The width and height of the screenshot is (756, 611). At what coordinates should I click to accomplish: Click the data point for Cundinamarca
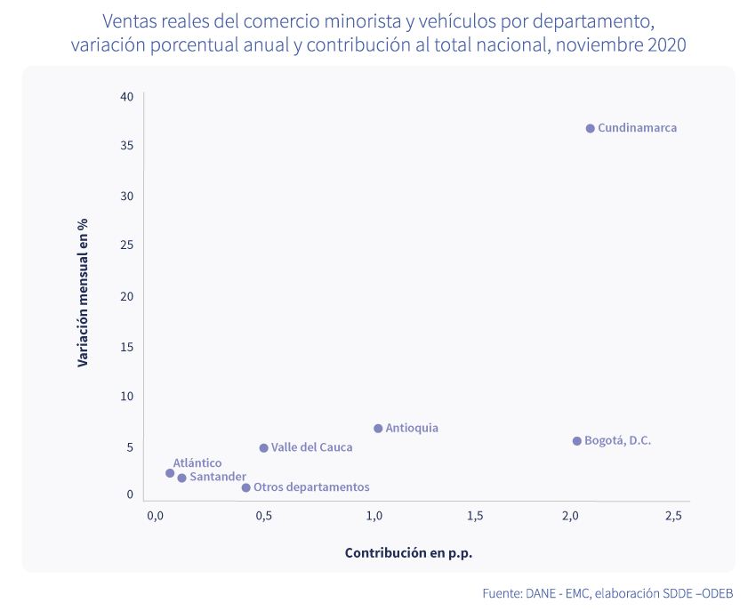pyautogui.click(x=590, y=128)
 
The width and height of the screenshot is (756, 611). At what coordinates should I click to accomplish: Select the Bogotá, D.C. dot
pyautogui.click(x=576, y=441)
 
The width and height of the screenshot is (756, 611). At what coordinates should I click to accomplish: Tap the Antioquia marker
pyautogui.click(x=378, y=429)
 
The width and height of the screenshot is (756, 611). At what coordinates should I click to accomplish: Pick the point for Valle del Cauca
pyautogui.click(x=263, y=448)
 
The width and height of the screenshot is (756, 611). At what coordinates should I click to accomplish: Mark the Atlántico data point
pyautogui.click(x=170, y=473)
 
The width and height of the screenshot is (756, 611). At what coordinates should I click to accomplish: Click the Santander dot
pyautogui.click(x=181, y=478)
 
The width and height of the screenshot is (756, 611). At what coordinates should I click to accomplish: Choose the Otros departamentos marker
pyautogui.click(x=245, y=487)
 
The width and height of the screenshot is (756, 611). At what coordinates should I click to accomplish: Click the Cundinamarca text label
pyautogui.click(x=637, y=128)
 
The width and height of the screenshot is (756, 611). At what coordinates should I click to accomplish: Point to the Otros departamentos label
pyautogui.click(x=311, y=487)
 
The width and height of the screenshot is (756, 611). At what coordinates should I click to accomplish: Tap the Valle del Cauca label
pyautogui.click(x=311, y=447)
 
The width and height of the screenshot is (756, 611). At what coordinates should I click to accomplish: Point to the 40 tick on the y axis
pyautogui.click(x=127, y=96)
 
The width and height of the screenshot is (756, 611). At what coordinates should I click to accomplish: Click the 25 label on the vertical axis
pyautogui.click(x=127, y=245)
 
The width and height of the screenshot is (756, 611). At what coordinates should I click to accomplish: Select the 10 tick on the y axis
pyautogui.click(x=127, y=397)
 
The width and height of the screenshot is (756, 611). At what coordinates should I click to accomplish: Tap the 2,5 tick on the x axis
pyautogui.click(x=673, y=516)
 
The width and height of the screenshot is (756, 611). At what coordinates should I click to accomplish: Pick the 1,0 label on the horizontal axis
pyautogui.click(x=374, y=516)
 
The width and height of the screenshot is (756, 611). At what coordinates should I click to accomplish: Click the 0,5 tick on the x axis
pyautogui.click(x=263, y=516)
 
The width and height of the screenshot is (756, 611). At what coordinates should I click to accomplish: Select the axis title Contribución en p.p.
pyautogui.click(x=408, y=553)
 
